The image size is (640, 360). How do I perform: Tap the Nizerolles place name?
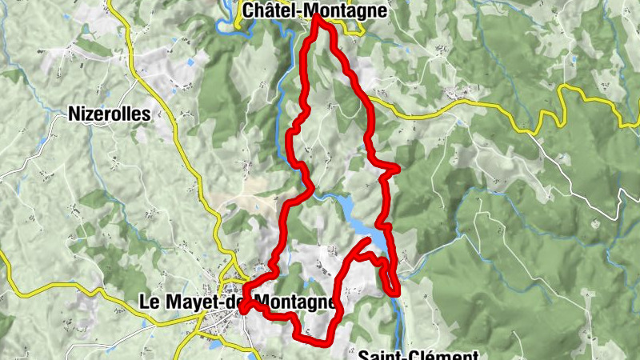point(110,114)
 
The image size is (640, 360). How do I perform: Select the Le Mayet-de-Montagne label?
point(237,302)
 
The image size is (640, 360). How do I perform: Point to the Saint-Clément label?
point(418,355)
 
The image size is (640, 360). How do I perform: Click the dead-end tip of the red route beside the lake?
point(368,239)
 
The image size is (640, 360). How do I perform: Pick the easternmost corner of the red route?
point(397,167)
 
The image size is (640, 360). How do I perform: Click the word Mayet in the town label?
point(187,302)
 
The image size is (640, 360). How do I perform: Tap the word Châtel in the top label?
point(271,10)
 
